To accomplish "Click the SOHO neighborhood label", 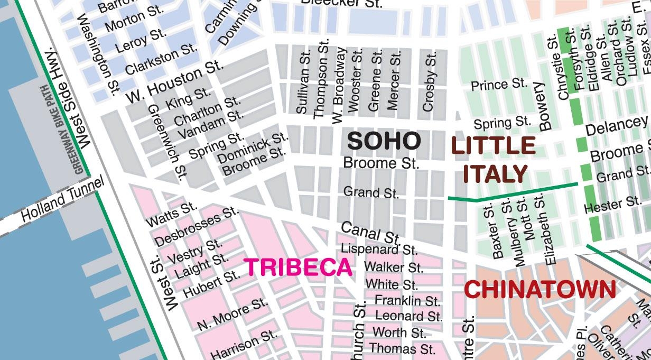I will pyautogui.click(x=384, y=141).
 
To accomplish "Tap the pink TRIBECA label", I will pyautogui.click(x=298, y=267).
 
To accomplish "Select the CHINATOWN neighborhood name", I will pyautogui.click(x=540, y=290).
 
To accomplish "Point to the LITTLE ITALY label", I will pyautogui.click(x=494, y=160).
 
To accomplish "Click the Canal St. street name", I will pyautogui.click(x=370, y=233).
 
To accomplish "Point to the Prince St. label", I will pyautogui.click(x=499, y=85).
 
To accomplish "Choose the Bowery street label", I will pyautogui.click(x=544, y=106).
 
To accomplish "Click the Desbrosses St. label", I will pyautogui.click(x=197, y=227).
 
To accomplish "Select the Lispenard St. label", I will pyautogui.click(x=379, y=249).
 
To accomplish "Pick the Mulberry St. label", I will pyautogui.click(x=520, y=231).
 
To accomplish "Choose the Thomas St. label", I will pyautogui.click(x=402, y=349).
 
